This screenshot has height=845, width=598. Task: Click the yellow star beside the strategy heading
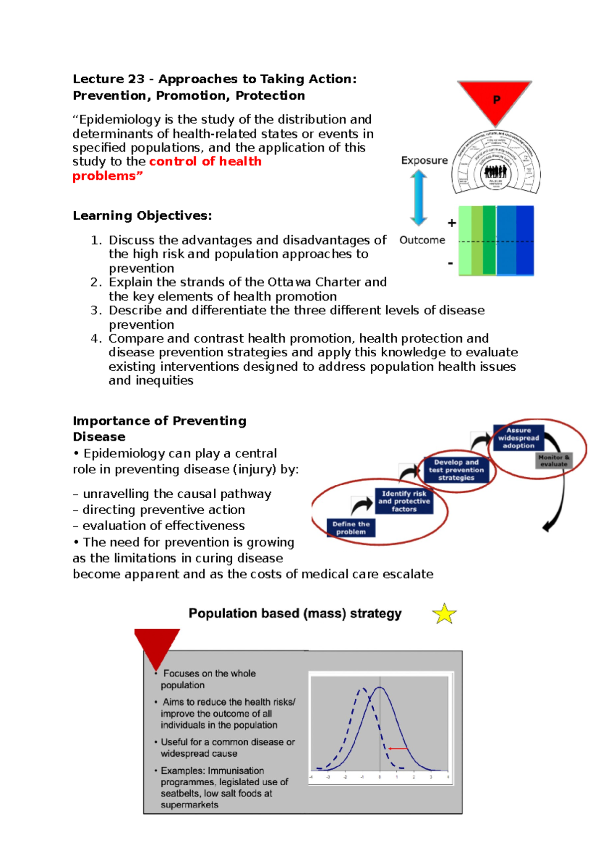pyautogui.click(x=444, y=614)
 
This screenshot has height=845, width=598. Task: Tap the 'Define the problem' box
pyautogui.click(x=351, y=528)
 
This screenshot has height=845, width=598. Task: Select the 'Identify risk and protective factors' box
pyautogui.click(x=404, y=501)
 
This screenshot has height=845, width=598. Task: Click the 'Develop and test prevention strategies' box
pyautogui.click(x=456, y=470)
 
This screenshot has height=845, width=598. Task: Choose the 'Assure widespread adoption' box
pyautogui.click(x=518, y=438)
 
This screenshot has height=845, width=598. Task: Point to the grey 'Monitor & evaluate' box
pyautogui.click(x=554, y=460)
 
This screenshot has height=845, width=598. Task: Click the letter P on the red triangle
pyautogui.click(x=496, y=100)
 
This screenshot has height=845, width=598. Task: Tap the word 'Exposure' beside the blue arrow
pyautogui.click(x=424, y=160)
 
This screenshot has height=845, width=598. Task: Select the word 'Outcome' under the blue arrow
pyautogui.click(x=422, y=240)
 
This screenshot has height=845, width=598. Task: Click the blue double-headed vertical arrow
pyautogui.click(x=419, y=198)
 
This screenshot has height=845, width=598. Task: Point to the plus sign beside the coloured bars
pyautogui.click(x=451, y=223)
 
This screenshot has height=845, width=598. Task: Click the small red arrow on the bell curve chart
pyautogui.click(x=398, y=748)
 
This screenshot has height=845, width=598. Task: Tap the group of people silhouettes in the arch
pyautogui.click(x=495, y=172)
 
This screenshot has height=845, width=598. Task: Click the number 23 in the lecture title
pyautogui.click(x=136, y=79)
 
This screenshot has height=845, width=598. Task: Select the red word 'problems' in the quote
pyautogui.click(x=104, y=176)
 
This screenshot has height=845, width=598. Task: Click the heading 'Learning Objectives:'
pyautogui.click(x=143, y=216)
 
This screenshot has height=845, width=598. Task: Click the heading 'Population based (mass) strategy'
pyautogui.click(x=295, y=613)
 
